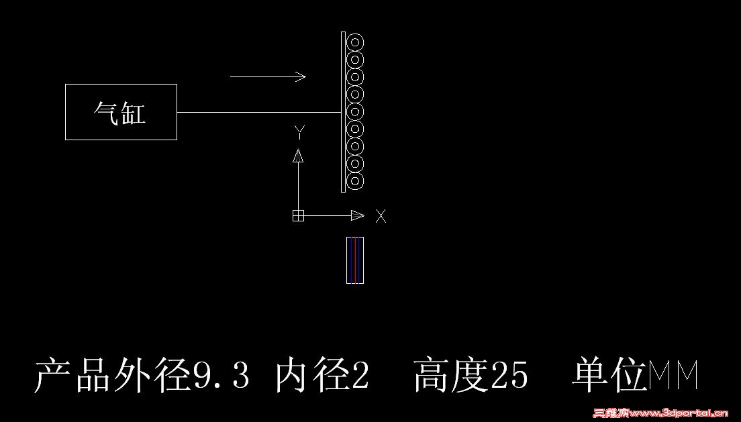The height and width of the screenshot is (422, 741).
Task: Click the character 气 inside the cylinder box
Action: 106,113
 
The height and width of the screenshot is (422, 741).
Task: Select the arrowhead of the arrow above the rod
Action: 301,76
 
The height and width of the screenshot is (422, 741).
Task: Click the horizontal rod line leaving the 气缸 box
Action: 259,113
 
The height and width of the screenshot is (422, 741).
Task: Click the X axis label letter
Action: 381,217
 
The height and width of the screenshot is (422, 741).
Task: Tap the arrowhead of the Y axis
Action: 298,156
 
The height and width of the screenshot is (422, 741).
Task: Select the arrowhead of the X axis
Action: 358,216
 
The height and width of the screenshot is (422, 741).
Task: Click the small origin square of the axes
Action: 298,216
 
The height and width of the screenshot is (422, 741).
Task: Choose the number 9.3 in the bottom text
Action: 221,375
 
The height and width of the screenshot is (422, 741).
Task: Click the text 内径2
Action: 322,375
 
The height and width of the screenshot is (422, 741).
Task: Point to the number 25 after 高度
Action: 509,375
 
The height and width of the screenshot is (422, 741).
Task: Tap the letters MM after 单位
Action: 673,375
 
